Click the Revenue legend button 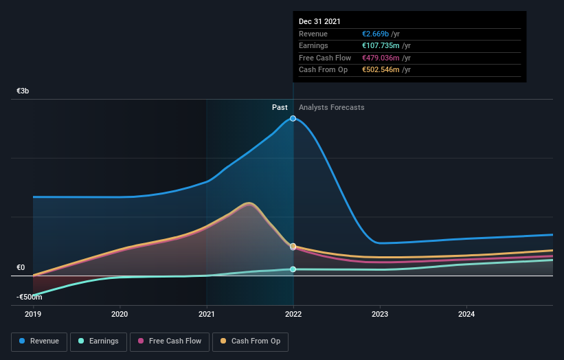click(39, 341)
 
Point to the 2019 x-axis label click(33, 315)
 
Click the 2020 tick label click(120, 315)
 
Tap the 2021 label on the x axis click(206, 315)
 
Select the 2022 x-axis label click(293, 315)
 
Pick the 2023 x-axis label click(380, 315)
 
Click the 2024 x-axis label click(466, 315)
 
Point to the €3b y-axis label click(23, 91)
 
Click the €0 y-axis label click(21, 268)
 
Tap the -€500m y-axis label click(30, 297)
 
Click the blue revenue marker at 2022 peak click(293, 118)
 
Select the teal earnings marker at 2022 click(293, 269)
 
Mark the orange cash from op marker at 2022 click(293, 246)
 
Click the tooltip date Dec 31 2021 click(319, 22)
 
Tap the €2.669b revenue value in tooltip click(380, 34)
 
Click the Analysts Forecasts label click(332, 107)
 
